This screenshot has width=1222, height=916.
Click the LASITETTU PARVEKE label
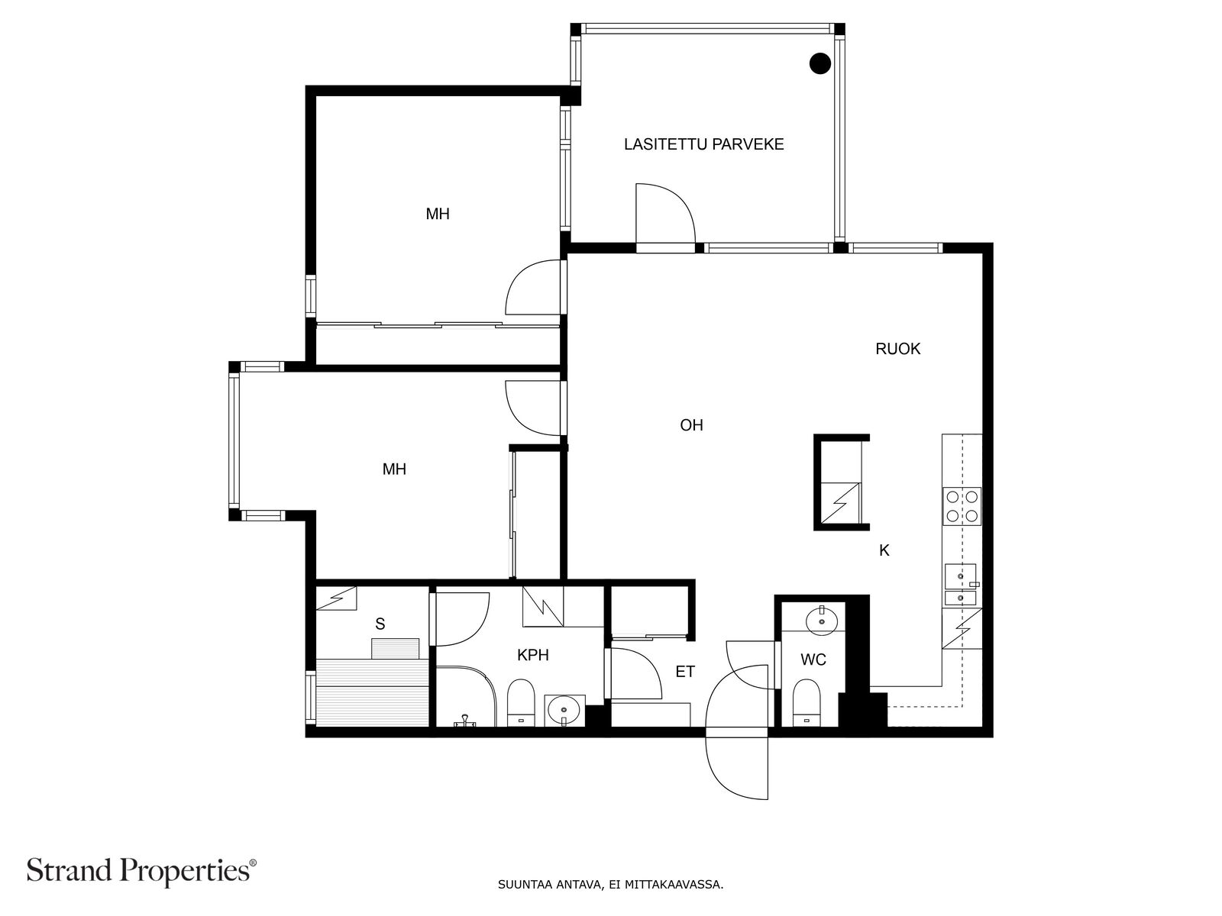pos(703,144)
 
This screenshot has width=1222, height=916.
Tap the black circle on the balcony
pos(820,63)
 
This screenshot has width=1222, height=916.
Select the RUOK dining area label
pos(897,349)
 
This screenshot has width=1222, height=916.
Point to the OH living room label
pos(691,425)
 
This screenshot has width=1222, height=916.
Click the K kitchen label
pos(884,550)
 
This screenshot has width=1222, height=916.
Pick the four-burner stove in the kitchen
pos(962,506)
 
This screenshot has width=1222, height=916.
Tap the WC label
pos(813,660)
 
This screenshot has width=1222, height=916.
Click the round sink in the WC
pos(821,621)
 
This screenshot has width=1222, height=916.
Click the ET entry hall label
pos(685,671)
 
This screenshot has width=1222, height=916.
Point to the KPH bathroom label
pos(533,655)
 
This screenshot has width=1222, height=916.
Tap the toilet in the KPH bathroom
pos(521,702)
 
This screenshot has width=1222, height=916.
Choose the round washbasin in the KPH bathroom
pos(564,710)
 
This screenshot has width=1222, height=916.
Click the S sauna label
pos(380,624)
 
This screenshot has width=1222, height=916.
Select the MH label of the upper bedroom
pos(438,214)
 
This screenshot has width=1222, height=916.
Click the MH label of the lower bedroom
pos(394,469)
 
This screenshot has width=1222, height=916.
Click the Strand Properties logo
pos(142,870)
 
